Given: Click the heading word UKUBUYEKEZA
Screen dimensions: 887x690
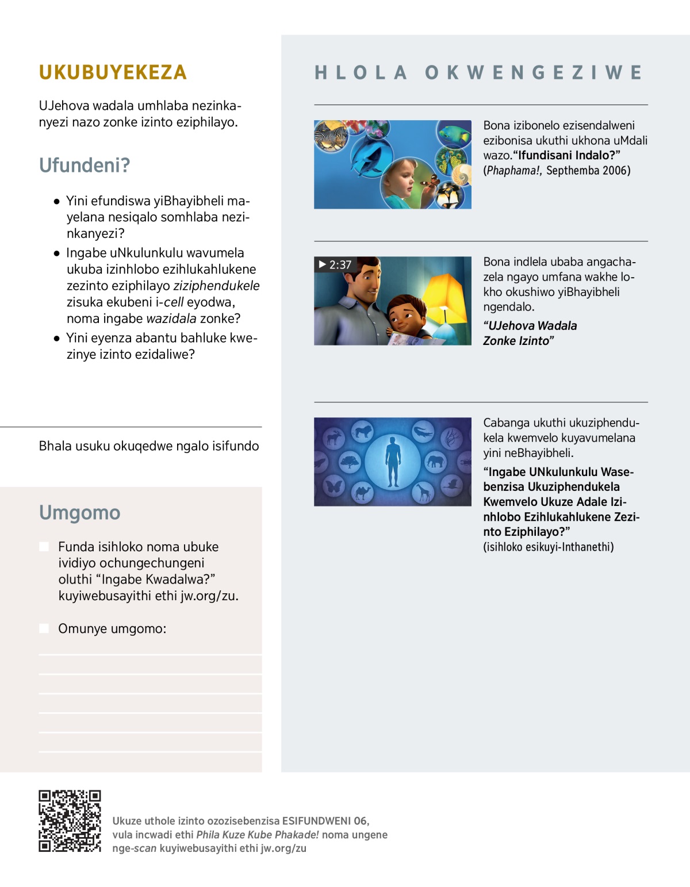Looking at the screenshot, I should pos(113,72).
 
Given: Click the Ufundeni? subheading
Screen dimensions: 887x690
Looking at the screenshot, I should pos(85,166).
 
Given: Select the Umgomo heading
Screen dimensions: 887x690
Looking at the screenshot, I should pos(79,512).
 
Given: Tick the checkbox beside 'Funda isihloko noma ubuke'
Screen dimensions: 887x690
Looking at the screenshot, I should pos(44,547).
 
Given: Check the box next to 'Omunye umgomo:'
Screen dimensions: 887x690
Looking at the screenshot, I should pos(44,628).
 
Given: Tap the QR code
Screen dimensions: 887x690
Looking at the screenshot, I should pos(70,821).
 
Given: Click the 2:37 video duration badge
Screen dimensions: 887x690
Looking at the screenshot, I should pos(336,264).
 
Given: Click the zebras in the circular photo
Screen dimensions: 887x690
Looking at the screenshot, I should pos(331,137).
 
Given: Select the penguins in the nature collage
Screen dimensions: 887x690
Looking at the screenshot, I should pos(451,196).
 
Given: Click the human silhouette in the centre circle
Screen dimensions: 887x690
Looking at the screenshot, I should pos(393,461).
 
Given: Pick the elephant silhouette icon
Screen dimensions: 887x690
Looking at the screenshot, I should pos(435,461).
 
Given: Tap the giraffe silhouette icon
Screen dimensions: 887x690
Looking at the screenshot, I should pos(423,492).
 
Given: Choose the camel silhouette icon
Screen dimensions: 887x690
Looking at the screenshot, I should pos(362,492).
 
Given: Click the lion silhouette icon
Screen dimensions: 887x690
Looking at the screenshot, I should pos(363,431).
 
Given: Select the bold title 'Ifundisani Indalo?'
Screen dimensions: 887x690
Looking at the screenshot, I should pos(566,155).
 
